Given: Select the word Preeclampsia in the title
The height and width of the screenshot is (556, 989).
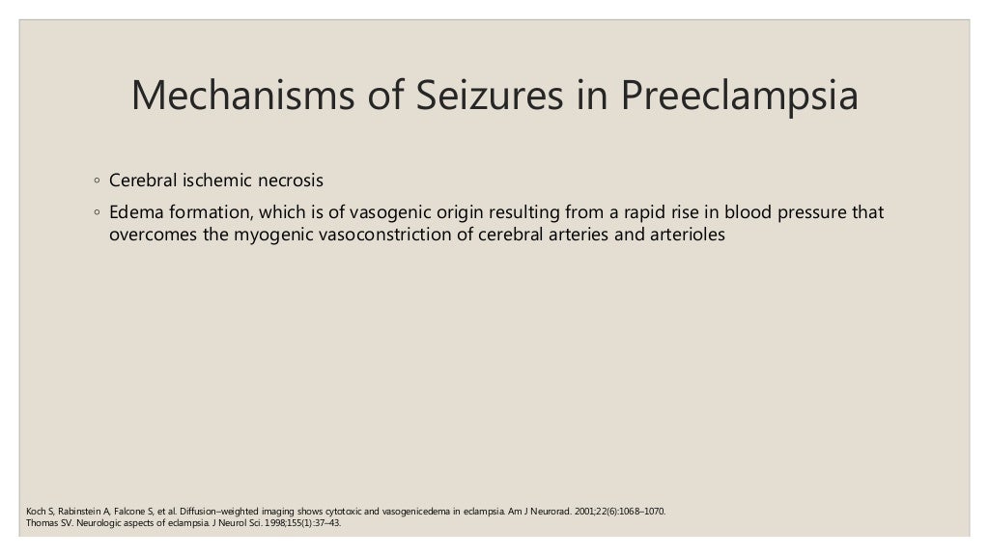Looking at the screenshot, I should tap(739, 96).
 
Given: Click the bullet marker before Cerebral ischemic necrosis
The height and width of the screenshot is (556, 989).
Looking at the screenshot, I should tap(97, 181).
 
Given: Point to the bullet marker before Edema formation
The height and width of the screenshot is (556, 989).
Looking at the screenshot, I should tap(97, 212).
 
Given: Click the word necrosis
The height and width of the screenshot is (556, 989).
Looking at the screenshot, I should tap(289, 181).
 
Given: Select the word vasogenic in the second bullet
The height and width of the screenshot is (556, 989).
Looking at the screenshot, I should tap(373, 211).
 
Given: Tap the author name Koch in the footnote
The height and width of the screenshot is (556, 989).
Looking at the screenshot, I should tap(34, 510).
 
